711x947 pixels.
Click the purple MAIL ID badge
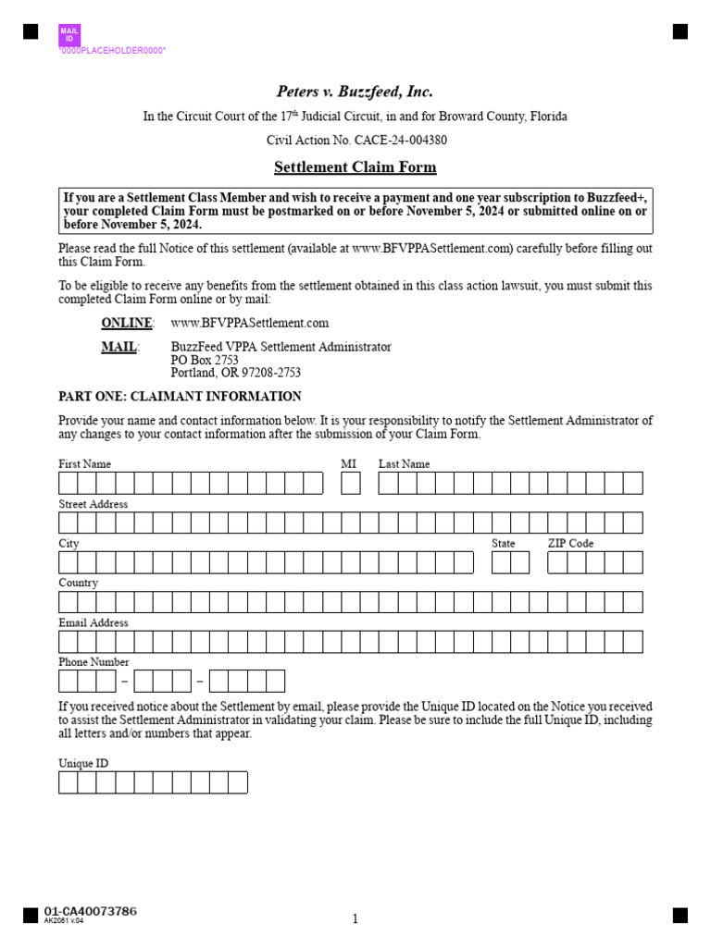point(69,35)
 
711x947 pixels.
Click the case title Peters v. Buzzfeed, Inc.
point(355,92)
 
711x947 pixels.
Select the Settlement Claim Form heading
point(355,167)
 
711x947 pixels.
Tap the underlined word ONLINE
point(126,323)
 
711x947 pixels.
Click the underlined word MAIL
point(118,347)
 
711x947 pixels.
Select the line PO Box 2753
point(205,360)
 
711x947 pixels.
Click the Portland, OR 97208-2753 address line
point(236,373)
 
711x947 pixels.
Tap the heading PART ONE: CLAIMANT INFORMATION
point(180,397)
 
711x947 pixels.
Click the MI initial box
point(350,483)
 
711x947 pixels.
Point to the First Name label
point(84,464)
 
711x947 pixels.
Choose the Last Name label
point(404,464)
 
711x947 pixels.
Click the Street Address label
point(93,504)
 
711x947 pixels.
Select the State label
point(504,544)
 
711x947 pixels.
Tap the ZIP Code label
point(570,544)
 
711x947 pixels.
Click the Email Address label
point(93,622)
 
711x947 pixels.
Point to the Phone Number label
point(94,662)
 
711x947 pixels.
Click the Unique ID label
point(83,764)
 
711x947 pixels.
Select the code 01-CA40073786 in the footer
point(91,912)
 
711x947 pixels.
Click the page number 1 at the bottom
point(355,918)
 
